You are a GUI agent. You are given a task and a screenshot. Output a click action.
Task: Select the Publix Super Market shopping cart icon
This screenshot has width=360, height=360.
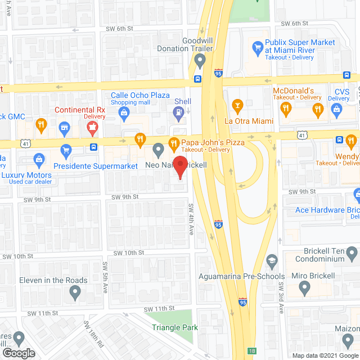[x=258, y=47]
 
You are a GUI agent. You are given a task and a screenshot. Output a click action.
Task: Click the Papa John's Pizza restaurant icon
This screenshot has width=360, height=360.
[x=174, y=142]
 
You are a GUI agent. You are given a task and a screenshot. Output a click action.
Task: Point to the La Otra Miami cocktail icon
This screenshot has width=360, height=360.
[x=237, y=105]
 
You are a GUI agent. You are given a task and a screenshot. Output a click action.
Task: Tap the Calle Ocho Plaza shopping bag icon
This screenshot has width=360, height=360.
[x=123, y=113]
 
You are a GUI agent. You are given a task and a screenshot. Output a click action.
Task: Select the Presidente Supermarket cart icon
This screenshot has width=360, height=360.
[x=66, y=150]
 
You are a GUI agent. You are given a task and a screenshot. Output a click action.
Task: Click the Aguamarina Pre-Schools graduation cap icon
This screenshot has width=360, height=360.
[x=272, y=260]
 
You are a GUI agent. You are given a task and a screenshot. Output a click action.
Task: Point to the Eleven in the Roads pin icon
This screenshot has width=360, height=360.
[x=74, y=292]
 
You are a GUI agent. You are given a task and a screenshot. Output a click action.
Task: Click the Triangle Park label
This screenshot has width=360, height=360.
[x=174, y=327]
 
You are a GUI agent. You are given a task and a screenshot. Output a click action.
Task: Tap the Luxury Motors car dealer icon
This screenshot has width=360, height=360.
[x=39, y=159]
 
